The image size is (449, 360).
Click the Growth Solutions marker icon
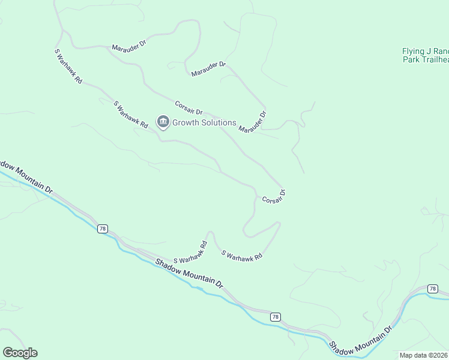[x=163, y=122]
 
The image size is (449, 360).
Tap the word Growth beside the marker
[x=187, y=123]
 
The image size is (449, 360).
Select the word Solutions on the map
[x=220, y=123]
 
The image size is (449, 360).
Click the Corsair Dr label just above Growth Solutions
[x=189, y=108]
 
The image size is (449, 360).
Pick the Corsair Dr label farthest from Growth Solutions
[x=273, y=196]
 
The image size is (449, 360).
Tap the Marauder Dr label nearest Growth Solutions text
[x=252, y=121]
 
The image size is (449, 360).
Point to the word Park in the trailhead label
[x=411, y=60]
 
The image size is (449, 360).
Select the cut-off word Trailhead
[x=435, y=60]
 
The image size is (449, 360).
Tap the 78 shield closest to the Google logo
[x=102, y=229]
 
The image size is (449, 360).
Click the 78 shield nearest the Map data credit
[x=433, y=289]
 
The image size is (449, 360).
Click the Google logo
[x=20, y=353]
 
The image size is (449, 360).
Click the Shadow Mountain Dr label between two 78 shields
[x=189, y=273]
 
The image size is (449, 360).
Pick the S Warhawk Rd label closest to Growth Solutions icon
[x=131, y=115]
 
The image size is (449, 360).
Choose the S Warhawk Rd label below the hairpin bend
[x=243, y=255]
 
